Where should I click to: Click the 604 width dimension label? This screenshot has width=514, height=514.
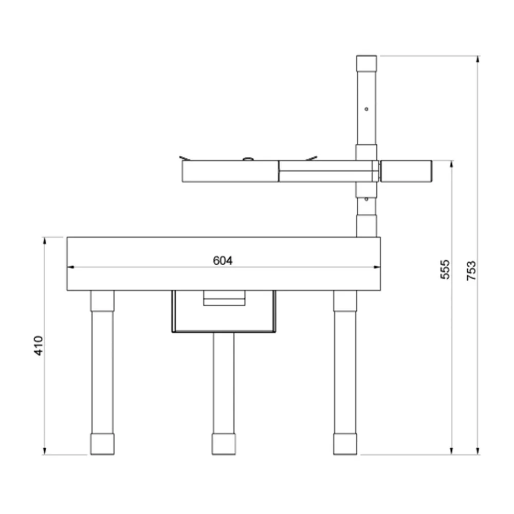tap(223, 261)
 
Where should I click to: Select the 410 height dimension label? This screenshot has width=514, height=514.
tap(39, 345)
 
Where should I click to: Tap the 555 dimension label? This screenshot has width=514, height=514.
tap(445, 269)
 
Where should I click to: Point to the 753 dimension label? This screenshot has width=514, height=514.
tap(471, 270)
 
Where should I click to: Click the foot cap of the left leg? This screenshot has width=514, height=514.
tap(102, 444)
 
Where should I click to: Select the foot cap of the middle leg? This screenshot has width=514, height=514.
tap(224, 444)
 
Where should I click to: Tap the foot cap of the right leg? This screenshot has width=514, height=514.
tap(345, 444)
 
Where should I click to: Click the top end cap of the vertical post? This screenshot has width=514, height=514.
tap(366, 63)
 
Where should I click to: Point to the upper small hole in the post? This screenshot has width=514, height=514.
tap(366, 109)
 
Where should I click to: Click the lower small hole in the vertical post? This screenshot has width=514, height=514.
tap(366, 199)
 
